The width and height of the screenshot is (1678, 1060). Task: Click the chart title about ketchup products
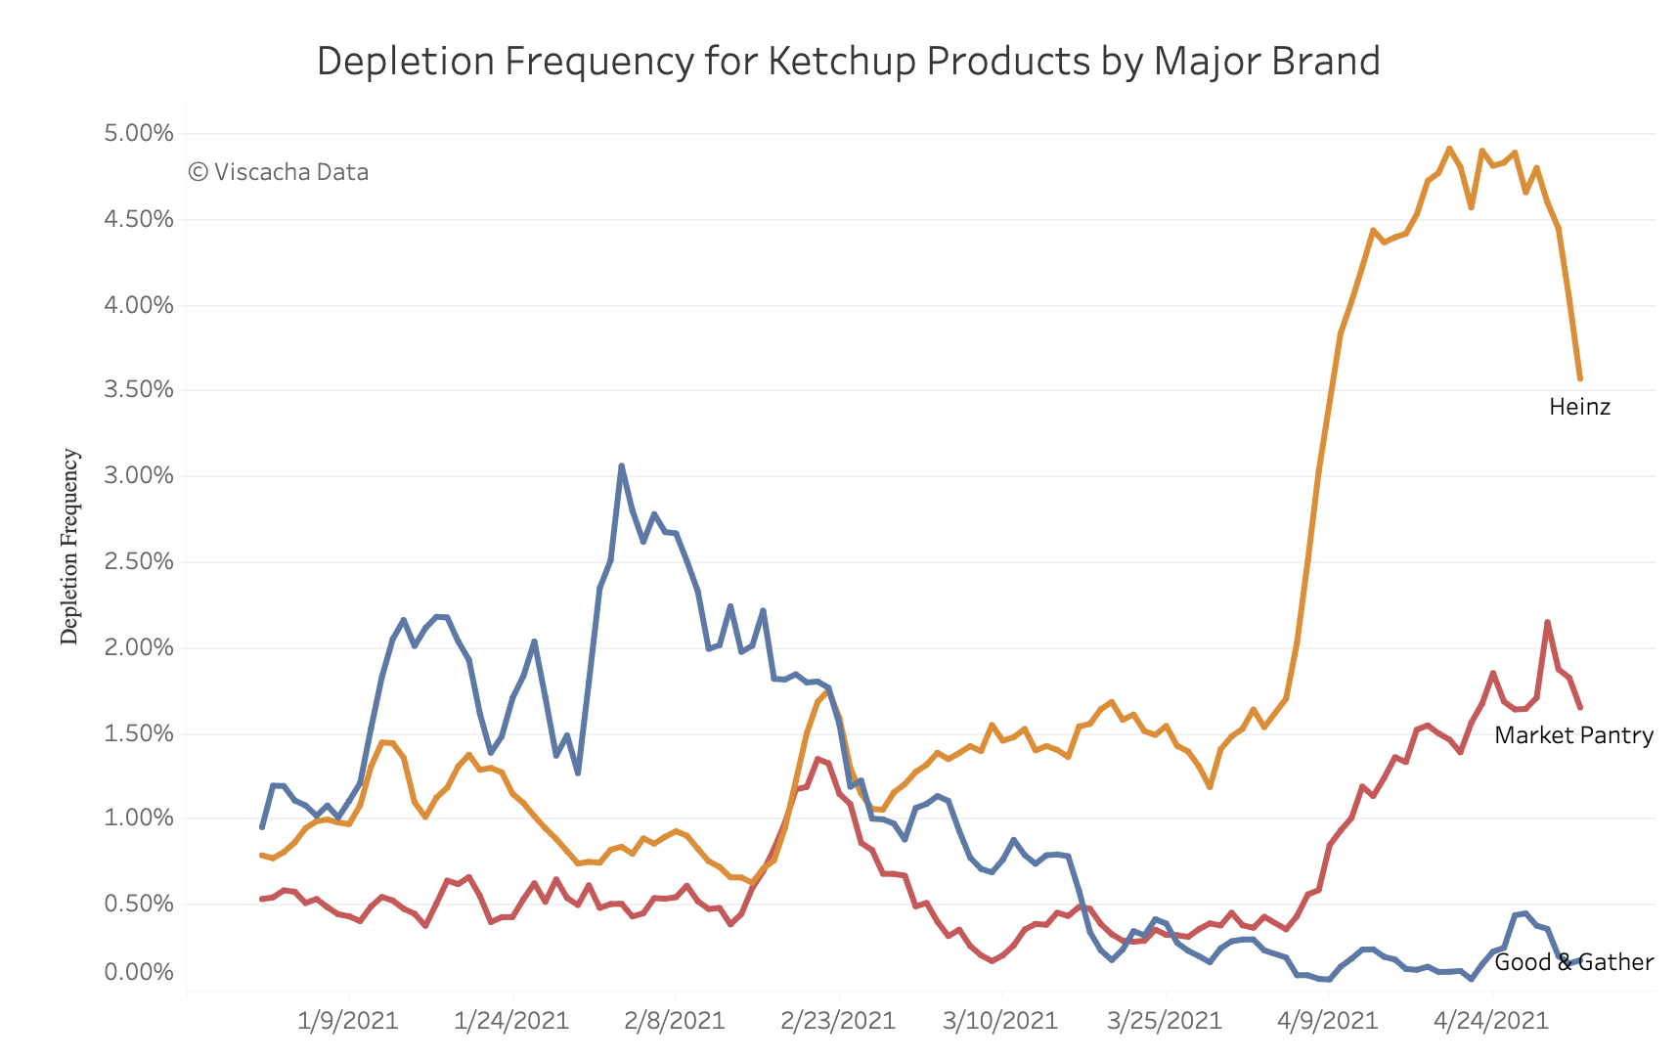tap(848, 61)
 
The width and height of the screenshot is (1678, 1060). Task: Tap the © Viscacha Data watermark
tap(279, 172)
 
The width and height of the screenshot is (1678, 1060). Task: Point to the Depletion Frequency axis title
tap(69, 546)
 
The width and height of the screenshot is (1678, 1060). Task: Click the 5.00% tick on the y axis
tap(139, 133)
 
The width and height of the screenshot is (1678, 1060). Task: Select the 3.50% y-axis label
tap(139, 390)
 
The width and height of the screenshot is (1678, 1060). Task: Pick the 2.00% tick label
tap(139, 647)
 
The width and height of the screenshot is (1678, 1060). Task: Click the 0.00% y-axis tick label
tap(139, 972)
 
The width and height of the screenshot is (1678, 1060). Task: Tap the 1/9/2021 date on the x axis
tap(348, 1021)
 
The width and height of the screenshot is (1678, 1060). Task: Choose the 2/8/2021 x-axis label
tap(675, 1021)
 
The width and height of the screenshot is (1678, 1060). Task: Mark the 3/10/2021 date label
tap(1000, 1021)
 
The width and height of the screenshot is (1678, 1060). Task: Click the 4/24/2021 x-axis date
tap(1491, 1021)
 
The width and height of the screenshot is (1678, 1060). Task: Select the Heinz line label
tap(1579, 407)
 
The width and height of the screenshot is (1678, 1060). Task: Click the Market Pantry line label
tap(1574, 735)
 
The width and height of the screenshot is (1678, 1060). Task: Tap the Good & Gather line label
tap(1574, 962)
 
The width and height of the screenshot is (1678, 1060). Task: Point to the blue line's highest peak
tap(621, 465)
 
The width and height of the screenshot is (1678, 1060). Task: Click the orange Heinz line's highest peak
tap(1449, 149)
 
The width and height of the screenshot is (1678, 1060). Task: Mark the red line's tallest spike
tap(1547, 622)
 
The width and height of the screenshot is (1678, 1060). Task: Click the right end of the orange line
tap(1580, 378)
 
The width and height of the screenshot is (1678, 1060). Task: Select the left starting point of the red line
tap(261, 899)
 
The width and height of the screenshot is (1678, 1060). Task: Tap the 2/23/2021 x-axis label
tap(838, 1021)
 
